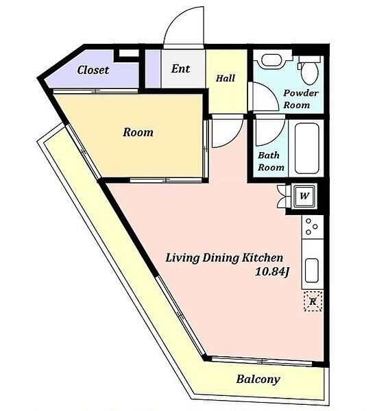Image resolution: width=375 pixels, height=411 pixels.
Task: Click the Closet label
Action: (x=93, y=70)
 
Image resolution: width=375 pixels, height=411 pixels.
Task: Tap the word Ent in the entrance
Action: (x=180, y=68)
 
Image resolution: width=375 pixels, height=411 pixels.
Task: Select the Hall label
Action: (x=226, y=78)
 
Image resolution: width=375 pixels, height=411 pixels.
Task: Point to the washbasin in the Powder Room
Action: (x=272, y=61)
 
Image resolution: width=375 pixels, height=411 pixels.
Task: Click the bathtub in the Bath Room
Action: (x=306, y=149)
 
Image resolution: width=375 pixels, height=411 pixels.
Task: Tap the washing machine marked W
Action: (x=304, y=196)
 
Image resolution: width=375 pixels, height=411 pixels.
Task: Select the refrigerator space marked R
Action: (x=313, y=301)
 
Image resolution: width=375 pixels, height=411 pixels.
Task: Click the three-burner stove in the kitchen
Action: (x=312, y=227)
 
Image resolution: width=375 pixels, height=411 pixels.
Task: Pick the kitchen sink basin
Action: (x=312, y=271)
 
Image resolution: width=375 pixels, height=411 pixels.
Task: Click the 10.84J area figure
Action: (x=272, y=272)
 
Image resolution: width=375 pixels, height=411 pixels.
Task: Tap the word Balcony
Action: (x=258, y=379)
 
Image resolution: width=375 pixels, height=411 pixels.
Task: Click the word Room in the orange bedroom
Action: (x=138, y=132)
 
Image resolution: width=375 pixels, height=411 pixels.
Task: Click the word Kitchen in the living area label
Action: (x=262, y=258)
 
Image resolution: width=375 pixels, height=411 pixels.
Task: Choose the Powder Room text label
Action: (x=301, y=99)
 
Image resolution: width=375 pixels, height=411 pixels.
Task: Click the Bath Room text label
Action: (x=271, y=161)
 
